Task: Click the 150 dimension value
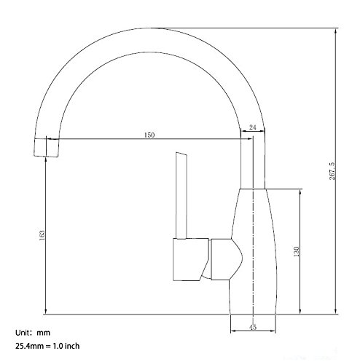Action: coord(149,135)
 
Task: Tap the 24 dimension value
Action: coord(253,127)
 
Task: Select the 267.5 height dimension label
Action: coord(332,171)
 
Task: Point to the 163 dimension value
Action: coord(42,235)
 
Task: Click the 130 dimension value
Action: coord(296,252)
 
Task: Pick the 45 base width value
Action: coord(253,327)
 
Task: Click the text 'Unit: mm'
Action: coord(33,333)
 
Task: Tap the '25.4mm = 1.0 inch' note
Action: coord(47,346)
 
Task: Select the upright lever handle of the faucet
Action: coord(181,195)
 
